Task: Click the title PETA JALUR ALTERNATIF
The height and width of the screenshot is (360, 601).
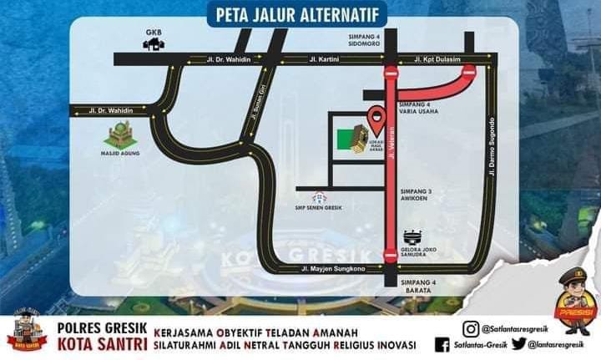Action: coord(300,15)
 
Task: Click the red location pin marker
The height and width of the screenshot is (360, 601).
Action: coord(376,116)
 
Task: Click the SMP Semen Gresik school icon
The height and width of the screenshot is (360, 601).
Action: coord(319,198)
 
